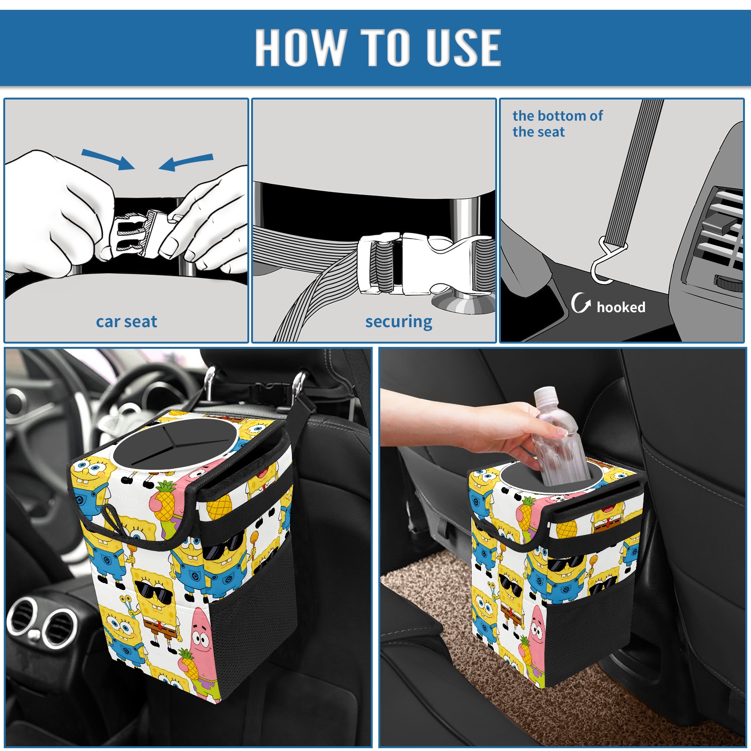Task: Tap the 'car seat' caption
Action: point(126,322)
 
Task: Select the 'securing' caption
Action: point(398,322)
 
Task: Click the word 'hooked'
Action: point(621,307)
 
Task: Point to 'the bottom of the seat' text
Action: point(558,124)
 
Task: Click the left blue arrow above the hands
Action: point(108,159)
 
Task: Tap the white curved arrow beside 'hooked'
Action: point(581,303)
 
